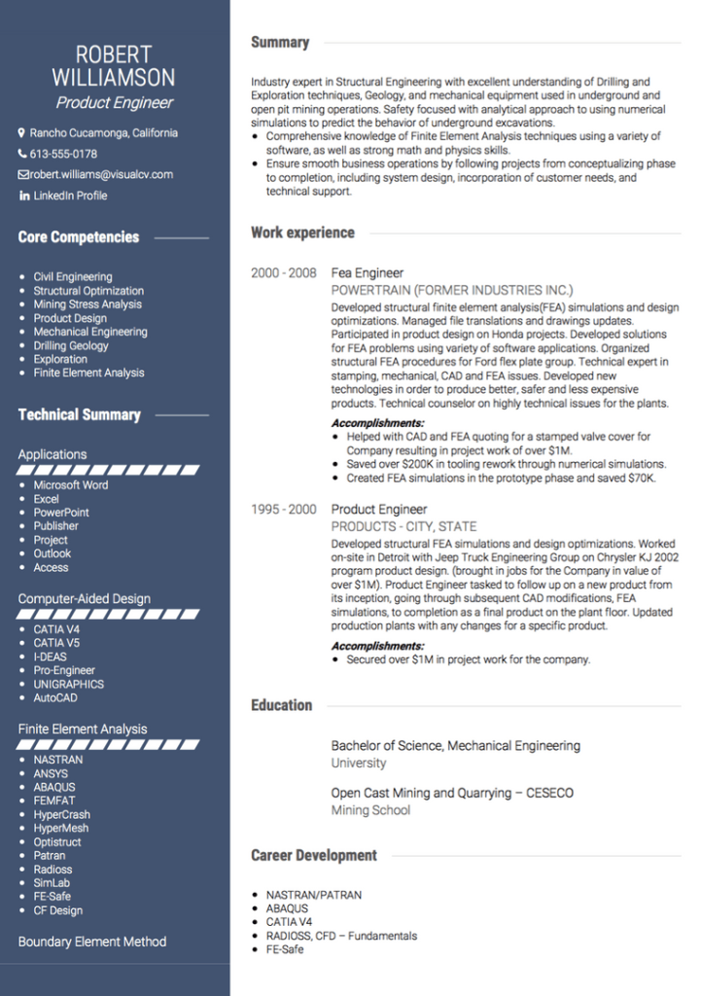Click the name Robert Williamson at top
[x=114, y=66]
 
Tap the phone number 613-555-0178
[x=63, y=154]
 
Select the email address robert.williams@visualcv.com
[x=101, y=175]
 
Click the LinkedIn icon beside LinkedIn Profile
[x=24, y=196]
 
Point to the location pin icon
[x=21, y=133]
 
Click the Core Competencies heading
[x=79, y=237]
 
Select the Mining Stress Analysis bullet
[x=88, y=304]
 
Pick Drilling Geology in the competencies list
[x=71, y=345]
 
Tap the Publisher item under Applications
[x=56, y=526]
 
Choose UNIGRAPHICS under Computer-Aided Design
[x=69, y=684]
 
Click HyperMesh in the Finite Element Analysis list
[x=61, y=829]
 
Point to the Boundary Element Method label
[x=92, y=942]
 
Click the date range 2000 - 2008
[x=283, y=273]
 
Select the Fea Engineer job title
[x=368, y=273]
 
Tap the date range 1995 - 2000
[x=283, y=510]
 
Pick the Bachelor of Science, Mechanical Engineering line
[x=455, y=746]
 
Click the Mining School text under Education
[x=370, y=810]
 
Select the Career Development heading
[x=313, y=856]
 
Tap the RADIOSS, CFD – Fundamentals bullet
[x=341, y=936]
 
